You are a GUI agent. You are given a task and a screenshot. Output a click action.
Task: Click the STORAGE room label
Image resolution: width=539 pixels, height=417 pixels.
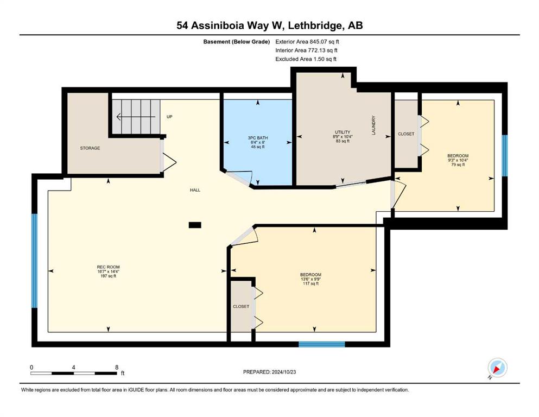pos(90,148)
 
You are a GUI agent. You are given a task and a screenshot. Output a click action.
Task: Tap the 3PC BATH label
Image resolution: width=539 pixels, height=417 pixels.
pos(258,138)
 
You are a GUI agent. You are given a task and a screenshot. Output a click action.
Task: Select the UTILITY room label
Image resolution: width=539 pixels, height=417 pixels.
pos(343,132)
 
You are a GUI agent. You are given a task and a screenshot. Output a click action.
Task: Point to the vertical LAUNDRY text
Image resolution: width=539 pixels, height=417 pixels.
pos(373,125)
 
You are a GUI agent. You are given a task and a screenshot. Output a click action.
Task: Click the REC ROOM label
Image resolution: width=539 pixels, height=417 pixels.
pos(108,267)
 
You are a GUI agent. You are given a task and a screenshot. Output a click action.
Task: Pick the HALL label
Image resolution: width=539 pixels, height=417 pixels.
pos(195,189)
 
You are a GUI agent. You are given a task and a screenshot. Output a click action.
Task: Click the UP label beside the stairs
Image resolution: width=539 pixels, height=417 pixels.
pos(169,117)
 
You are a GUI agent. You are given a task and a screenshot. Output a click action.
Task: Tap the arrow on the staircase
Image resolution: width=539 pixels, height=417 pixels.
pos(136,117)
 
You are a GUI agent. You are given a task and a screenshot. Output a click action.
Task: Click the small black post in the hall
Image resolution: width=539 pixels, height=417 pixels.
pos(195,225)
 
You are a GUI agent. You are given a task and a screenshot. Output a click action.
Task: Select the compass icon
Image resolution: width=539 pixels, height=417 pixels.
pos(497,368)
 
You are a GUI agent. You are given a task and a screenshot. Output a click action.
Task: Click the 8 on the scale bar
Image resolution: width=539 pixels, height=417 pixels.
pos(117,367)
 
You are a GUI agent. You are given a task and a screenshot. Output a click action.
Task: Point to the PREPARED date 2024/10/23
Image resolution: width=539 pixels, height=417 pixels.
pos(283,372)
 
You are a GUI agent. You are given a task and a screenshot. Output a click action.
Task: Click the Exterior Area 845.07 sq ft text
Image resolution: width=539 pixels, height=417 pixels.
pos(307,42)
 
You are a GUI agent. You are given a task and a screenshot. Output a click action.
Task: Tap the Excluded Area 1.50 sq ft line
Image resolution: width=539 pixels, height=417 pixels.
pos(306,59)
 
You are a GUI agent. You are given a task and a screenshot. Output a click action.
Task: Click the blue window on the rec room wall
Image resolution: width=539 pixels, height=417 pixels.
pos(34,261)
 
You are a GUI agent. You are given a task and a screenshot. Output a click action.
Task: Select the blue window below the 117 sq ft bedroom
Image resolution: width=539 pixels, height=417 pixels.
pos(322,344)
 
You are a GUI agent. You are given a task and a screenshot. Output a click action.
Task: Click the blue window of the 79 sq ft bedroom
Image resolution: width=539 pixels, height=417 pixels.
pos(505,156)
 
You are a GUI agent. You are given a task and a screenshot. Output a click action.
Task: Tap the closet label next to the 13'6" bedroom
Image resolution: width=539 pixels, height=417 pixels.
pos(241,306)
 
